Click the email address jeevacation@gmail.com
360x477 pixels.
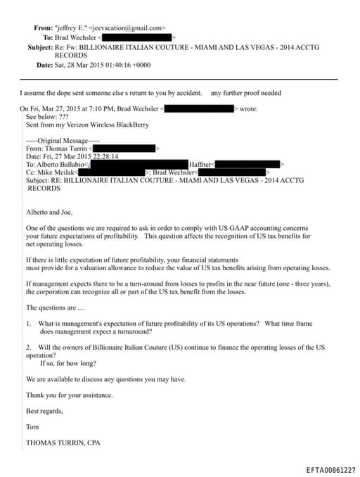pyautogui.click(x=131, y=28)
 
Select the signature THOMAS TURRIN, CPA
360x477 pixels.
pyautogui.click(x=63, y=443)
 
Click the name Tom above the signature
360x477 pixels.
pyautogui.click(x=32, y=426)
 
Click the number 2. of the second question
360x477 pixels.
pyautogui.click(x=29, y=348)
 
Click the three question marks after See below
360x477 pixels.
pyautogui.click(x=64, y=116)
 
